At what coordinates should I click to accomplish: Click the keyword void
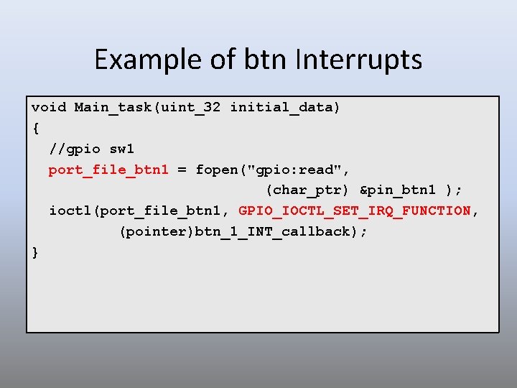click(x=49, y=108)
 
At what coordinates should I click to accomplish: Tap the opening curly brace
click(x=35, y=129)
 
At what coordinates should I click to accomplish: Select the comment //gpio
click(x=75, y=149)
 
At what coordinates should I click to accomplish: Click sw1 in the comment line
click(x=122, y=149)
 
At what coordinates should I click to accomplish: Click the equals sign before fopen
click(x=182, y=170)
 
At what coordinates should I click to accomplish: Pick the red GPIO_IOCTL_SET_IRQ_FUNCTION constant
click(x=355, y=211)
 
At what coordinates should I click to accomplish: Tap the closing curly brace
click(x=35, y=252)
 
